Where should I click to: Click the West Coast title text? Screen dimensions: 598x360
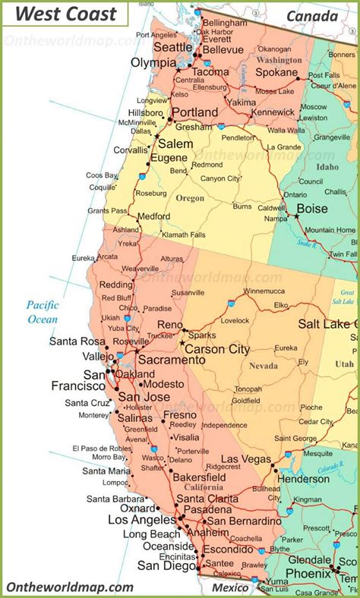click(x=67, y=14)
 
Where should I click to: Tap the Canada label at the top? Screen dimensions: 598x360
click(x=312, y=16)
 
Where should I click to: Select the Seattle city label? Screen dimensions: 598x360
click(x=173, y=47)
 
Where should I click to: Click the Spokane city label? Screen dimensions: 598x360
click(x=276, y=72)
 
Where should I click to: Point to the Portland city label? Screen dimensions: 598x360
click(x=194, y=112)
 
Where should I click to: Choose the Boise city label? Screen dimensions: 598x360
click(x=312, y=209)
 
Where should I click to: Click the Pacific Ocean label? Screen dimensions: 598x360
click(x=43, y=312)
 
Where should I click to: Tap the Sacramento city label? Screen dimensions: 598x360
click(x=169, y=360)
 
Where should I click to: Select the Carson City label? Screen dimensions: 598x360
click(x=217, y=349)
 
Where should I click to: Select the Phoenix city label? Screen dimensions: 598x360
click(x=308, y=573)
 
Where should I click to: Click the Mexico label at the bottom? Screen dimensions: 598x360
click(x=230, y=587)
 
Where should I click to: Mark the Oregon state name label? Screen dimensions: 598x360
click(x=191, y=198)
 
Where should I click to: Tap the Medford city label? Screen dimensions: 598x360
click(x=154, y=216)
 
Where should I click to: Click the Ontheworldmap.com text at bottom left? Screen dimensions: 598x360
click(x=70, y=587)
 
